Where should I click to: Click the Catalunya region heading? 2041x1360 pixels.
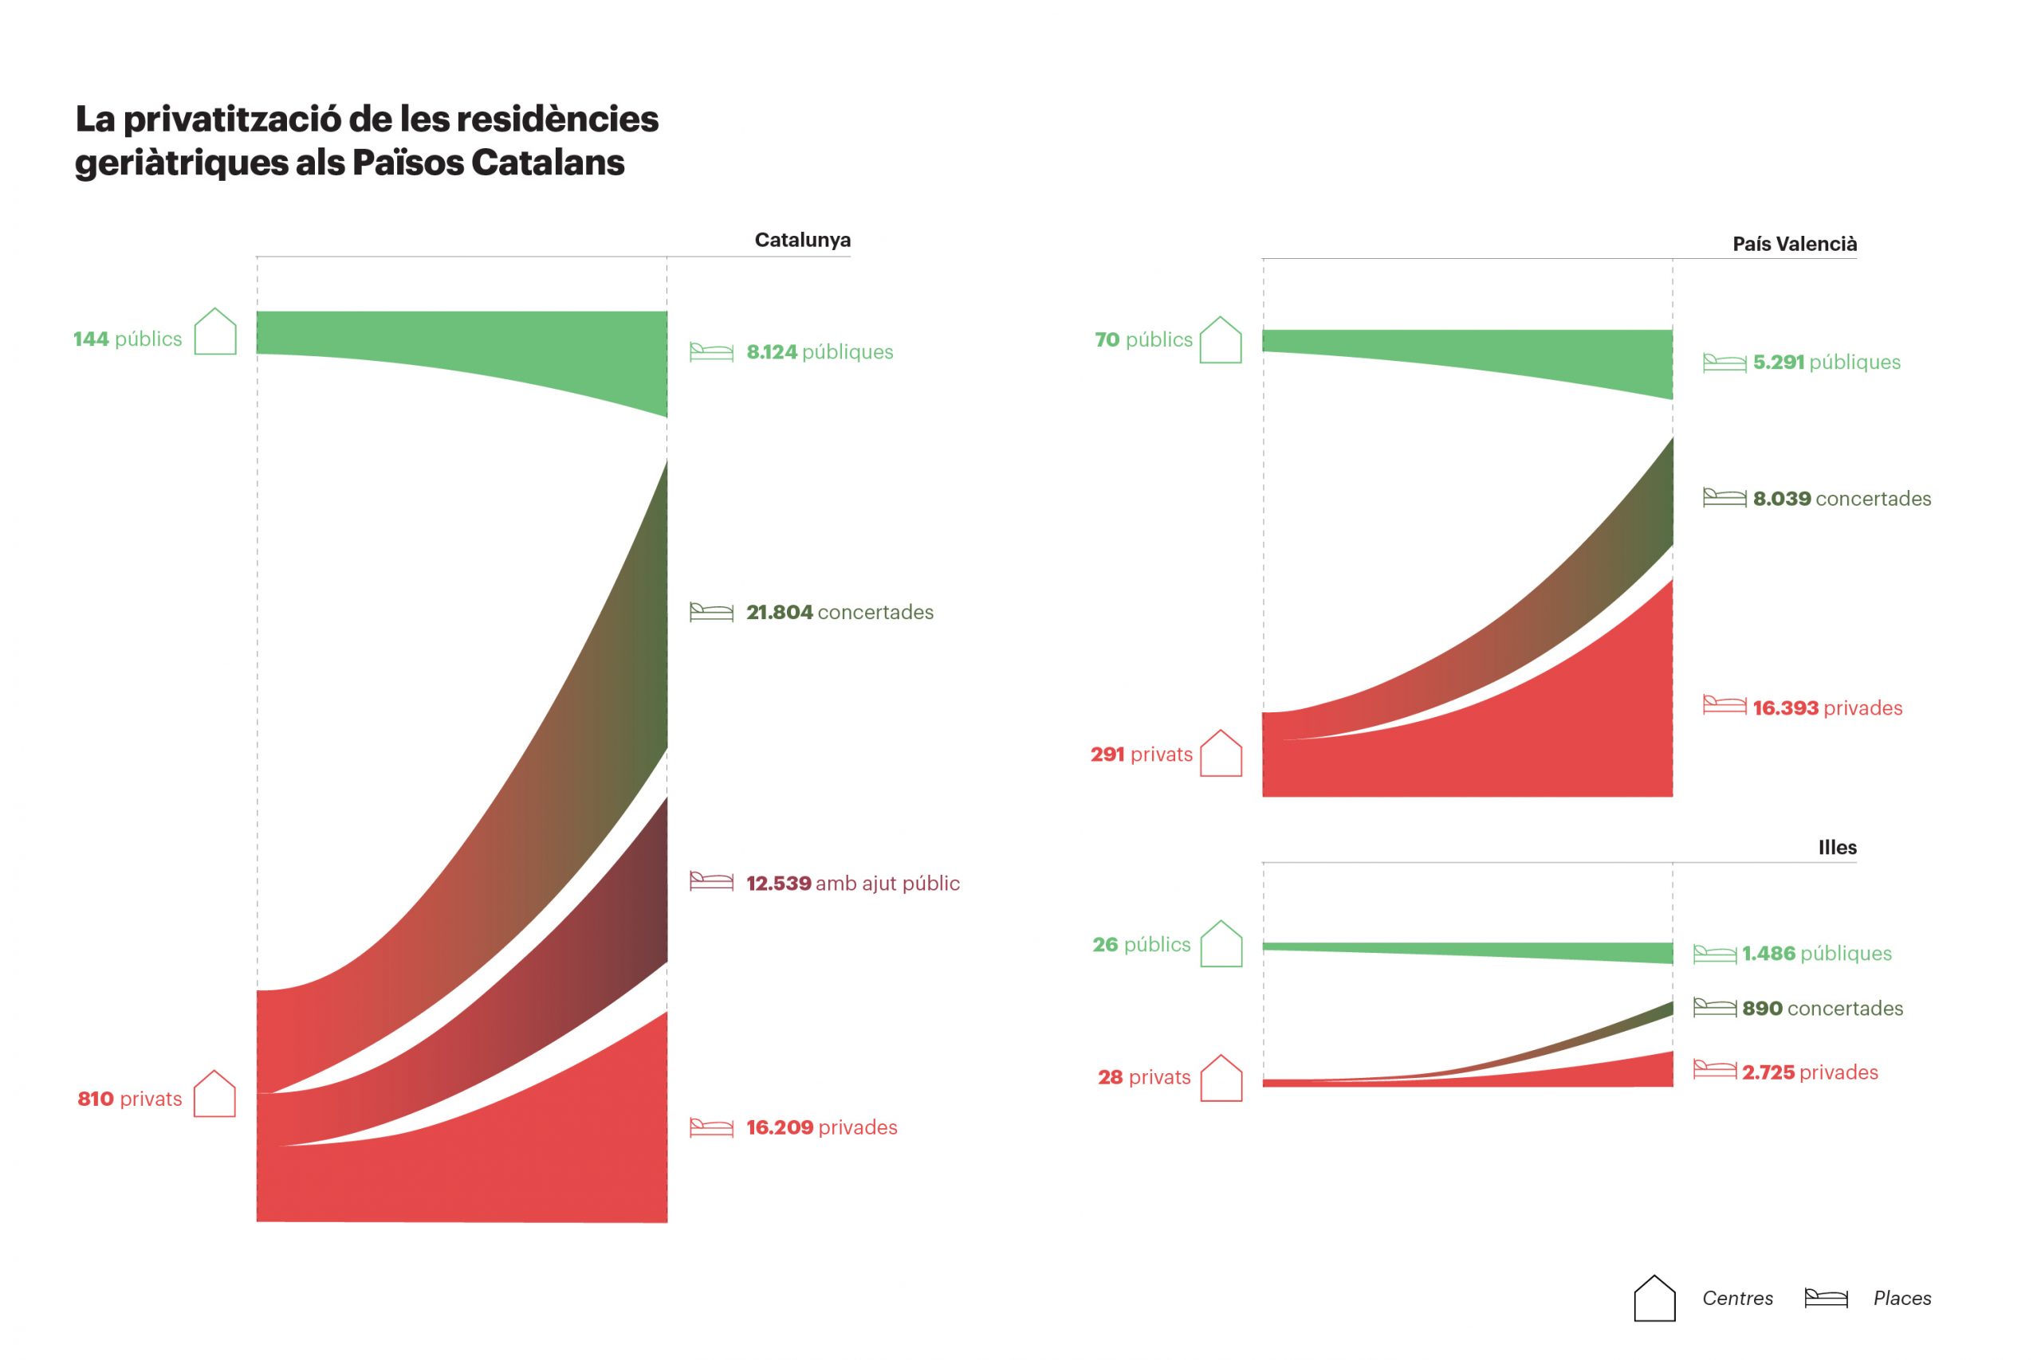coord(802,241)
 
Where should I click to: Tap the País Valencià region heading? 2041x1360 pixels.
coord(1794,244)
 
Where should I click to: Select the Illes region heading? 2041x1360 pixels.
coord(1837,848)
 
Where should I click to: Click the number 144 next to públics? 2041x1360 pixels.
coord(91,339)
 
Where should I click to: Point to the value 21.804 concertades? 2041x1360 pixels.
coord(840,613)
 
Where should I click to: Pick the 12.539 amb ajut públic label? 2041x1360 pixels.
coord(852,883)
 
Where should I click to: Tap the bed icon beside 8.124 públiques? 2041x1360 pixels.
coord(710,351)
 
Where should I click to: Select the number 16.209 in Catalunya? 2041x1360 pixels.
coord(779,1127)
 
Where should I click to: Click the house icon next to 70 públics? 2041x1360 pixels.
coord(1220,340)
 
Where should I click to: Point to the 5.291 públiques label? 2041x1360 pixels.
coord(1826,363)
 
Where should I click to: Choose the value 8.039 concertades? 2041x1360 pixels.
coord(1842,499)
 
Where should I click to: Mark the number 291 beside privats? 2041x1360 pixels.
coord(1107,754)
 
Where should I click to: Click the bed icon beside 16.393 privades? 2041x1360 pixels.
coord(1724,705)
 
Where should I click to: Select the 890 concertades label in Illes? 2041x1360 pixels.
coord(1822,1009)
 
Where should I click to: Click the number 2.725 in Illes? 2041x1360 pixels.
coord(1768,1073)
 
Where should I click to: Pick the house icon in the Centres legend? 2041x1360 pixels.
coord(1654,1299)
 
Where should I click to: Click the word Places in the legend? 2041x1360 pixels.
coord(1901,1299)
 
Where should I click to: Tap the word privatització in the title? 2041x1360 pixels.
coord(235,120)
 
